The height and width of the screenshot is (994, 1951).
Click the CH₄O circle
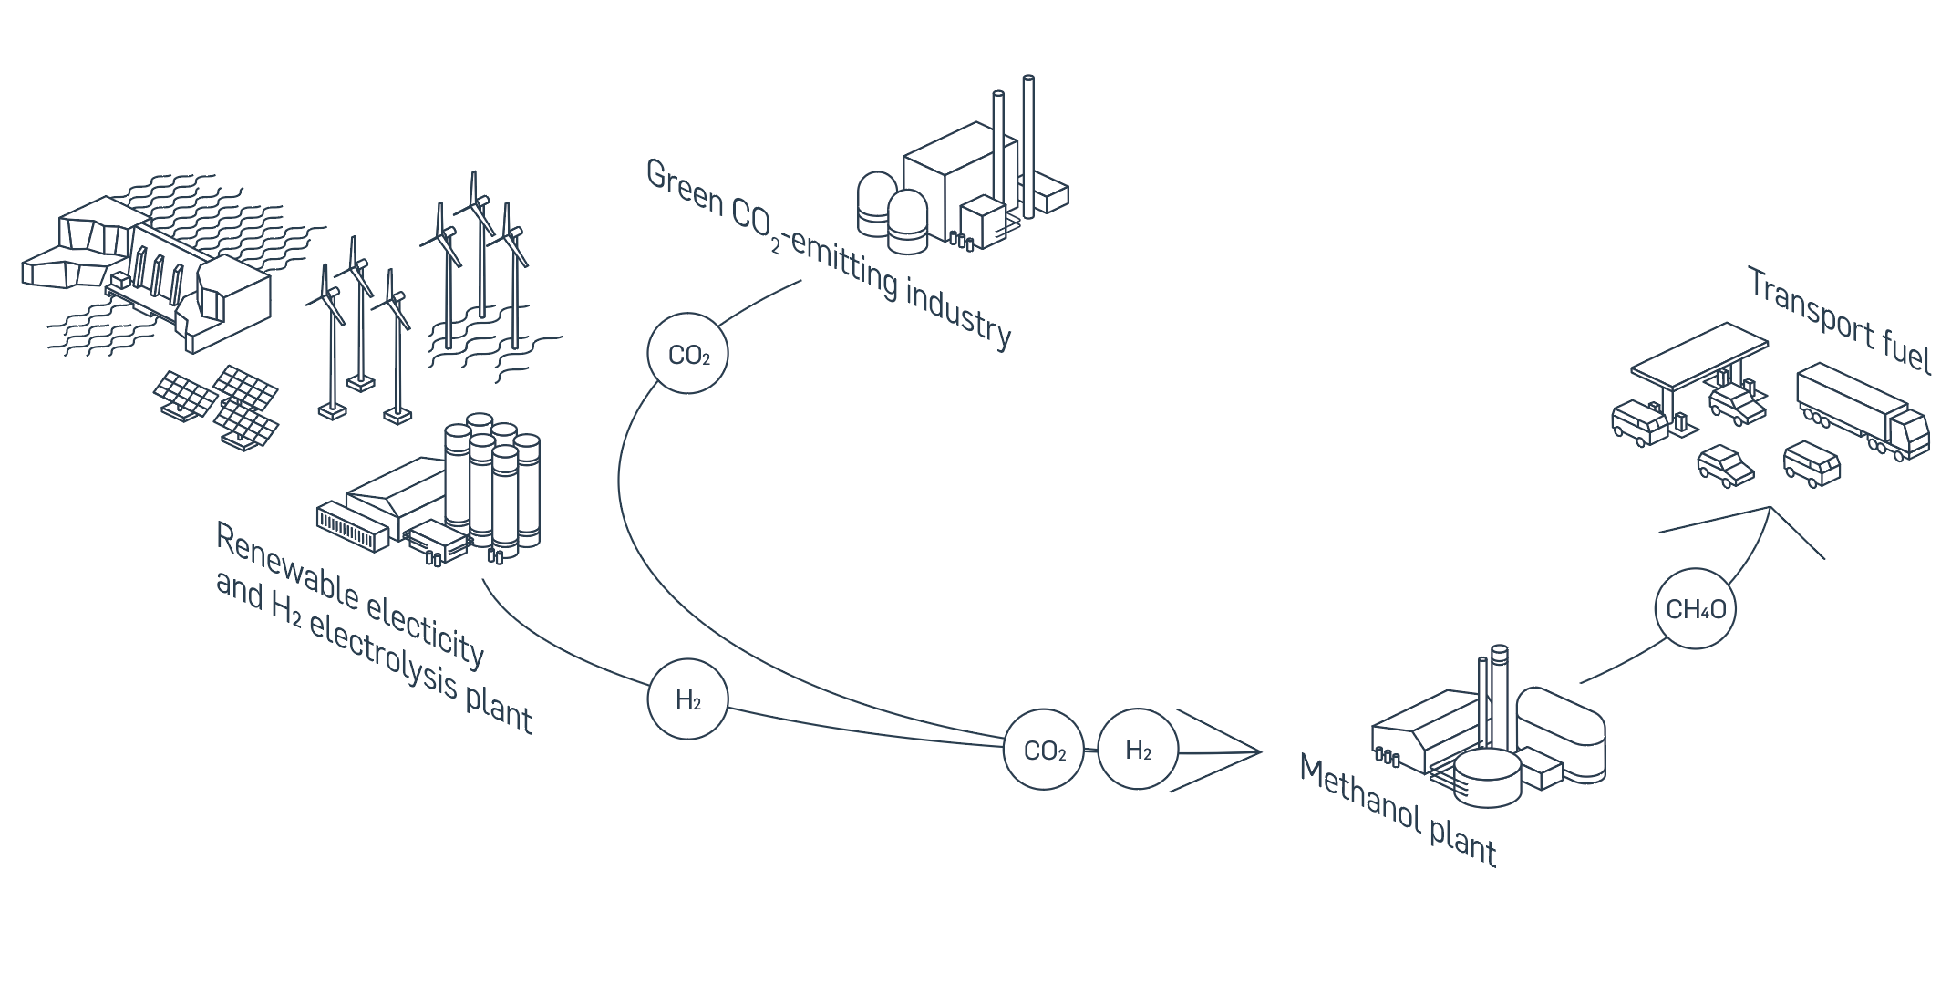click(1695, 609)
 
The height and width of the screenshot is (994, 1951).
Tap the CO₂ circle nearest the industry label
click(688, 354)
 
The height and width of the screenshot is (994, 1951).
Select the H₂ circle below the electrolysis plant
click(688, 699)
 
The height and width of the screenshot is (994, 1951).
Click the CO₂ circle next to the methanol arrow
click(1044, 750)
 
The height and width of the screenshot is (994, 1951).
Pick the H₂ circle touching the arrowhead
click(1138, 750)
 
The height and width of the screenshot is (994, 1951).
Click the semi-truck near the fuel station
click(1860, 410)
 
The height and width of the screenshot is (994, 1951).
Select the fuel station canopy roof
click(1698, 354)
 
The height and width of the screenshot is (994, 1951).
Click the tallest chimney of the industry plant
click(1028, 146)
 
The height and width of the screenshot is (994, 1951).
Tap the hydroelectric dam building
click(164, 264)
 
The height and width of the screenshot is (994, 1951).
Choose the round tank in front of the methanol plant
click(1487, 777)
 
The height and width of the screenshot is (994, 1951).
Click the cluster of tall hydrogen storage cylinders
click(492, 483)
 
